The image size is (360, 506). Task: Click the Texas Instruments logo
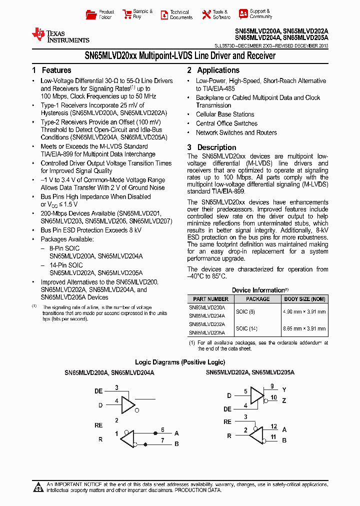tap(60, 35)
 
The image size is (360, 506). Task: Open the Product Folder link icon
tap(91, 14)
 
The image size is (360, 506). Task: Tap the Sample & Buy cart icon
tap(125, 14)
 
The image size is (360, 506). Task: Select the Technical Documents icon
tap(164, 15)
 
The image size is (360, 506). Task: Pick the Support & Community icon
tap(243, 14)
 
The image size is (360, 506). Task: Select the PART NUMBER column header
tap(210, 299)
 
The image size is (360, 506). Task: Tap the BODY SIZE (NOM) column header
tap(304, 299)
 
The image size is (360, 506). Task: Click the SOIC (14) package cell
tap(245, 328)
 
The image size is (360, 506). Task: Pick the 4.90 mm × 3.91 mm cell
tap(304, 311)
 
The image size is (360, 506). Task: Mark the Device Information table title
tap(258, 290)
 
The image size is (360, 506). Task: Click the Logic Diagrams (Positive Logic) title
tap(180, 362)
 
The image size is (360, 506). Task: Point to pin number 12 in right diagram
tap(274, 426)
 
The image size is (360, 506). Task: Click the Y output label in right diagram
tap(284, 389)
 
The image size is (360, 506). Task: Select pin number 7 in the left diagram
tap(162, 440)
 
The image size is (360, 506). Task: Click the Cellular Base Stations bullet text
tap(225, 114)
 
